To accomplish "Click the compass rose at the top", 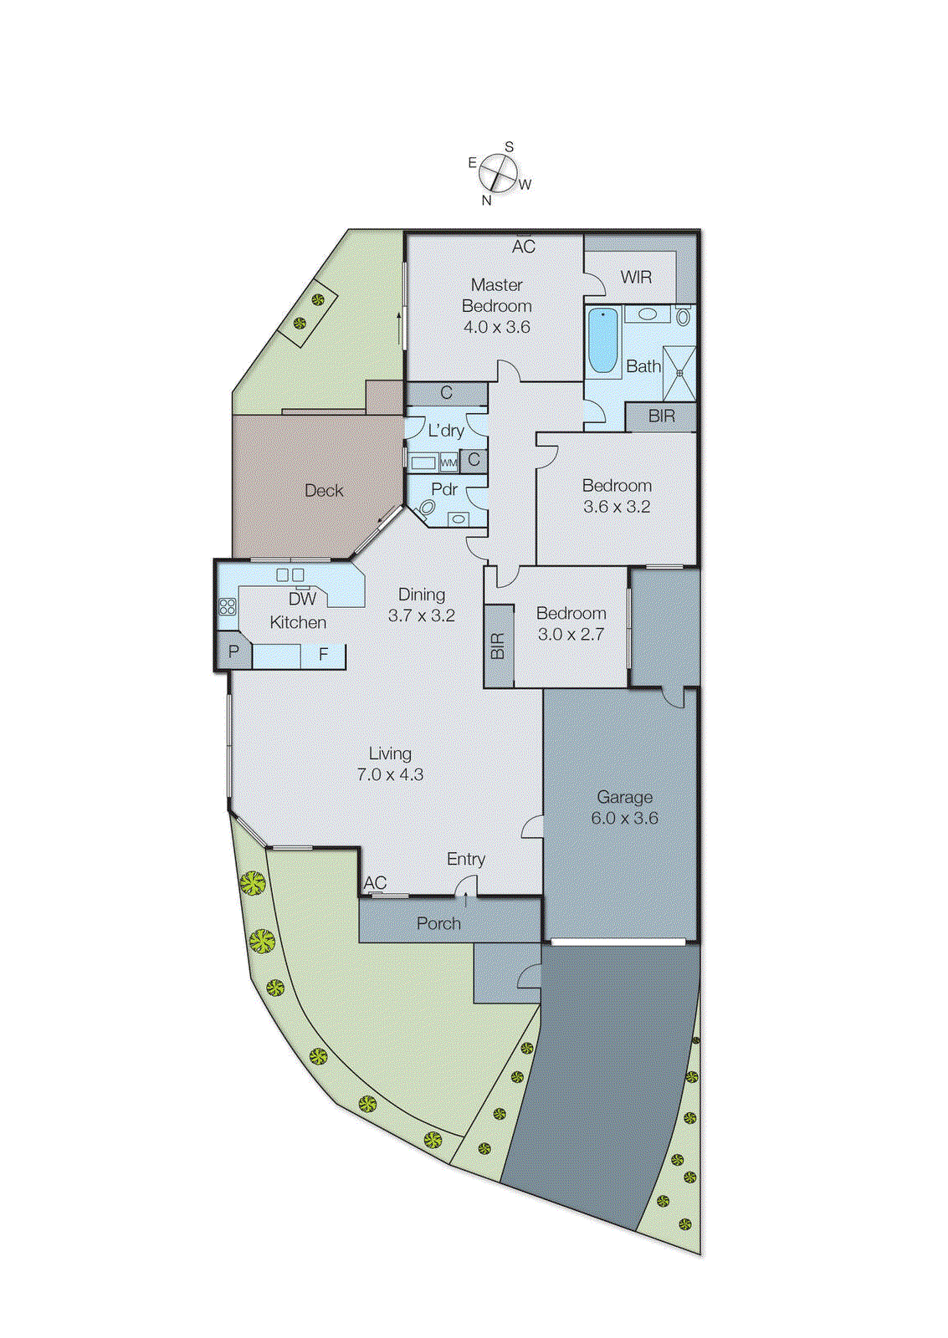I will point(499,174).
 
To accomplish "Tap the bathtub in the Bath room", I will point(602,341).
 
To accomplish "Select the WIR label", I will point(636,277).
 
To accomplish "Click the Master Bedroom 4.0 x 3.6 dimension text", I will point(497,327).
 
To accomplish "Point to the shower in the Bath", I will point(679,373).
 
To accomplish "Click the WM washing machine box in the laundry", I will point(448,462).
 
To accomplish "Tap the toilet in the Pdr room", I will point(427,508).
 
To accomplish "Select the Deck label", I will point(324,491).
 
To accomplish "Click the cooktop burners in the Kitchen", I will point(228,606).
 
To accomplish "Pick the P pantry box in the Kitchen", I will point(233,652).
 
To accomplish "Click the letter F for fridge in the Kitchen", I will point(324,655).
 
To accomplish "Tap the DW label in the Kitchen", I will point(302,599).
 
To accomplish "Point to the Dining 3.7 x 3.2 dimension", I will point(422,616).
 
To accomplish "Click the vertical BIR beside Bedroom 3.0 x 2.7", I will point(498,646).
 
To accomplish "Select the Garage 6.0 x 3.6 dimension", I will point(625,818).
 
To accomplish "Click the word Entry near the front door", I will point(465,859).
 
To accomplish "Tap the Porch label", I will point(438,923).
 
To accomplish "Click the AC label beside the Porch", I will point(375,883).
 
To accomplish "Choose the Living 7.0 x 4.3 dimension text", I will point(390,774).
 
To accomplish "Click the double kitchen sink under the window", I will point(290,575).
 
